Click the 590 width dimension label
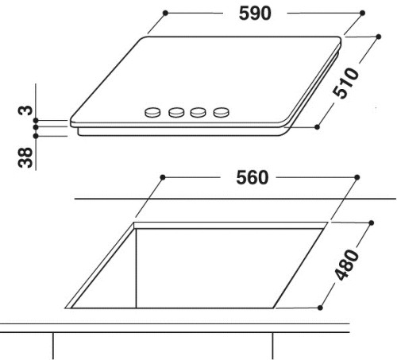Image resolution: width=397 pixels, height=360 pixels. coord(255,14)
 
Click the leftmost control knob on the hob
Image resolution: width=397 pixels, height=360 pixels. coord(150,114)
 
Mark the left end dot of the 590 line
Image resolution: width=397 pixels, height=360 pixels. coord(166,14)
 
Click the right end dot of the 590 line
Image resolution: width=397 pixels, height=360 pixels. coord(361,14)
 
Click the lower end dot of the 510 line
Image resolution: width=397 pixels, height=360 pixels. coord(317,126)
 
